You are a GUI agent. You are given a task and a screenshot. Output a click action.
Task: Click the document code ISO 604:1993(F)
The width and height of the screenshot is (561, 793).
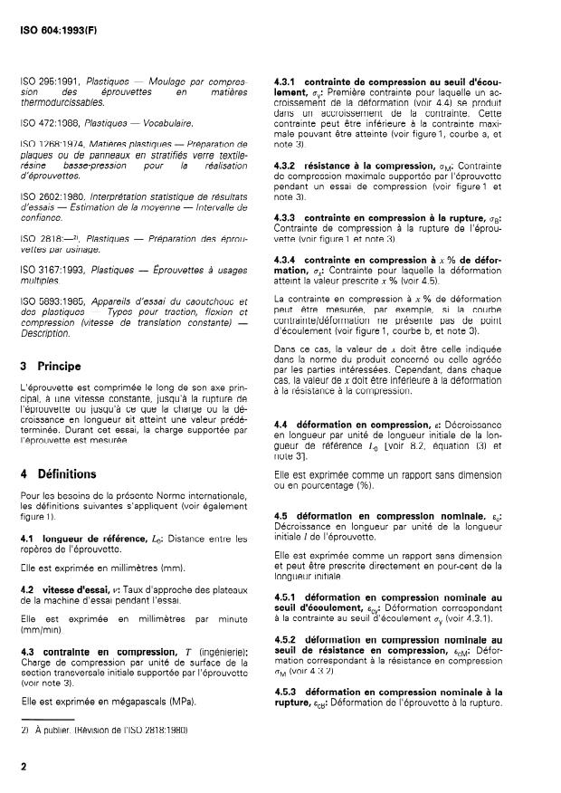click(57, 17)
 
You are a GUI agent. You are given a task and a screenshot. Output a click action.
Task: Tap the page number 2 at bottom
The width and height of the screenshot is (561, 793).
click(23, 766)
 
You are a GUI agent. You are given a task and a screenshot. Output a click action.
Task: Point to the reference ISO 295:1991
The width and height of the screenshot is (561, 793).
click(50, 81)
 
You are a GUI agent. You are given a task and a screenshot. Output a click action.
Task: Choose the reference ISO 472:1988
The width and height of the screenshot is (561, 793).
click(50, 122)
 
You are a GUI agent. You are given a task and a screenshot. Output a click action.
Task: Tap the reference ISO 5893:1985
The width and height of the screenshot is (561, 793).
click(51, 300)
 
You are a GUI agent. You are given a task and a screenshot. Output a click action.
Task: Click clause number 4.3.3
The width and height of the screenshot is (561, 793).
click(288, 218)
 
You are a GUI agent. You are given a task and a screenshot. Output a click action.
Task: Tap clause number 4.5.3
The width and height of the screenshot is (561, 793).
click(288, 693)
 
